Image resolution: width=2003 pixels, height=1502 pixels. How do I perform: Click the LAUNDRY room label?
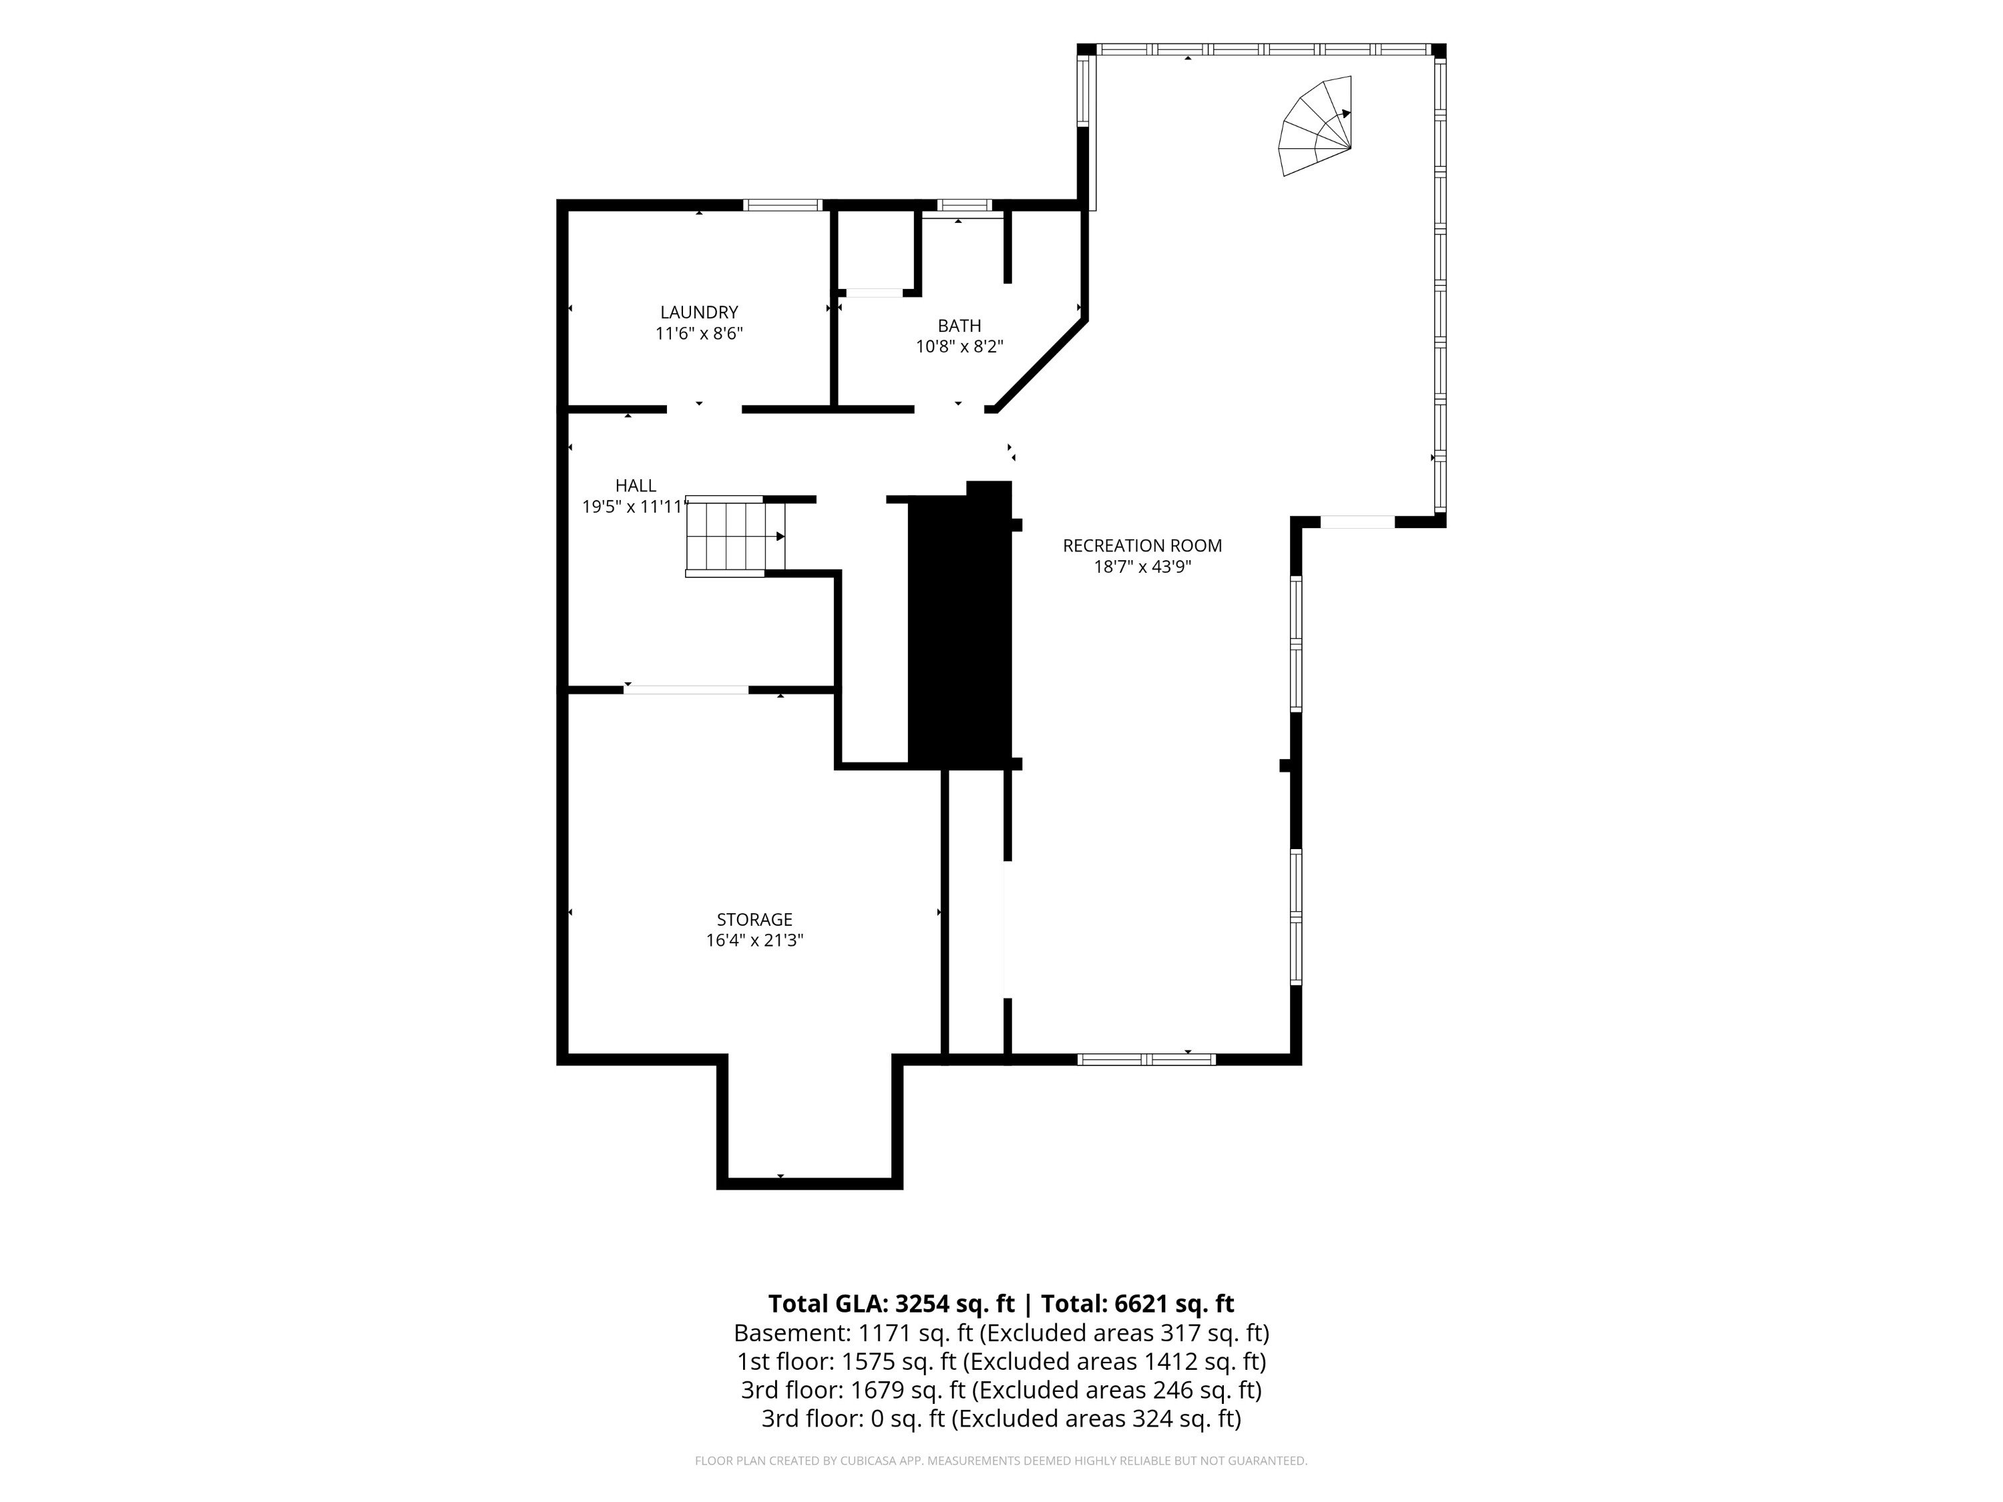pyautogui.click(x=699, y=312)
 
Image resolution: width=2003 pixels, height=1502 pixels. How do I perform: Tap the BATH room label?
pyautogui.click(x=959, y=326)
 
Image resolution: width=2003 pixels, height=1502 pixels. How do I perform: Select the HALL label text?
pyautogui.click(x=636, y=486)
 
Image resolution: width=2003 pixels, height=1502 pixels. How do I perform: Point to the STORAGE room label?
pyautogui.click(x=754, y=920)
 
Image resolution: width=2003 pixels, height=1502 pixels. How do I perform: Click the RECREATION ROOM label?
pyautogui.click(x=1142, y=546)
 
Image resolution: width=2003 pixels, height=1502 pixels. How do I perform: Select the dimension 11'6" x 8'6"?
pyautogui.click(x=699, y=334)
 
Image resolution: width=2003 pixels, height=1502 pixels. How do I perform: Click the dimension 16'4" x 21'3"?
pyautogui.click(x=754, y=941)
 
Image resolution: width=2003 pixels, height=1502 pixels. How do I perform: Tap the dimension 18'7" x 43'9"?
pyautogui.click(x=1142, y=567)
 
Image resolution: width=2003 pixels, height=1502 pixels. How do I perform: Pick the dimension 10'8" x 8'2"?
pyautogui.click(x=959, y=346)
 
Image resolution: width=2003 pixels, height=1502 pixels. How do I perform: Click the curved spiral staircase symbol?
pyautogui.click(x=1315, y=127)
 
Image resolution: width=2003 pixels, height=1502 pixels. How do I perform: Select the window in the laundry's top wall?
pyautogui.click(x=783, y=205)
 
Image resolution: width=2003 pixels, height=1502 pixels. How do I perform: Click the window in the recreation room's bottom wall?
pyautogui.click(x=1146, y=1059)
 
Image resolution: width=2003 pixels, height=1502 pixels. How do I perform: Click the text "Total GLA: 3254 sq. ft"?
pyautogui.click(x=891, y=1304)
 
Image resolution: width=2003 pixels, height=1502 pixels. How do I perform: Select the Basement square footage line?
pyautogui.click(x=1001, y=1334)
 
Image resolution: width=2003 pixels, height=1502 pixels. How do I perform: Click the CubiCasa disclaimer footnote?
pyautogui.click(x=1001, y=1461)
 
